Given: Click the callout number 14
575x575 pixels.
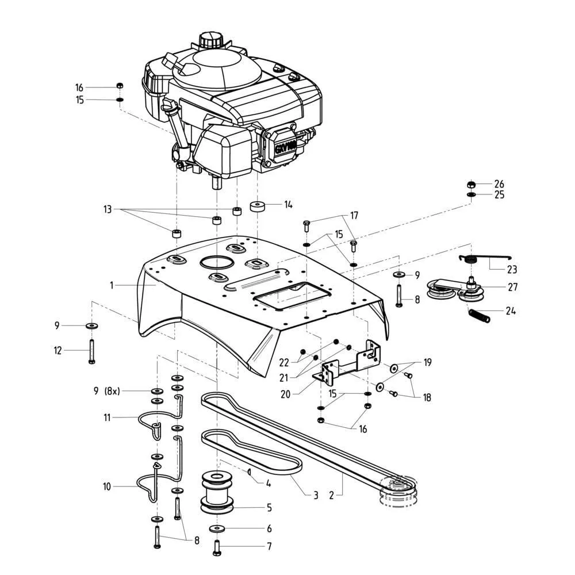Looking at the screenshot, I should (x=288, y=204).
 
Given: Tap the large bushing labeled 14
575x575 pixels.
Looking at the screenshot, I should (x=256, y=206).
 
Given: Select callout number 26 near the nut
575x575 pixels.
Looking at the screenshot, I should (x=499, y=184).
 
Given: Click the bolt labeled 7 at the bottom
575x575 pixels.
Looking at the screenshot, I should (x=217, y=547).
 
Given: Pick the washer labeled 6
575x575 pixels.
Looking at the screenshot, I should (x=216, y=528).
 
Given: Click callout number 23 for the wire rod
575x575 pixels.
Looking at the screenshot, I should (x=512, y=269).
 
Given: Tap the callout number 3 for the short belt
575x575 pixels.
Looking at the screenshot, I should (x=316, y=495).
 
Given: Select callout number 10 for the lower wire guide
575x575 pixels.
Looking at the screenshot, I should (x=107, y=486).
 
